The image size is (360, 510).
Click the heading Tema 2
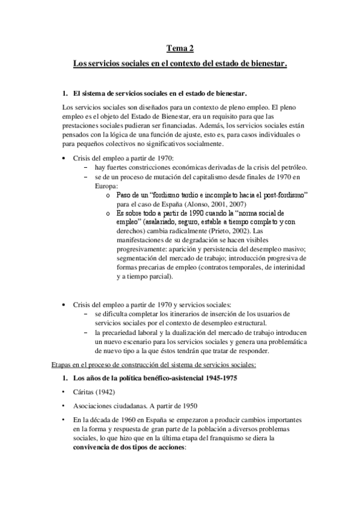pos(180,49)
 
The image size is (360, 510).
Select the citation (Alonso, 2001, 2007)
pos(200,204)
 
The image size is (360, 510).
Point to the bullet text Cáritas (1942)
pos(91,392)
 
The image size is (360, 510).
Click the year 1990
pos(191,214)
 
